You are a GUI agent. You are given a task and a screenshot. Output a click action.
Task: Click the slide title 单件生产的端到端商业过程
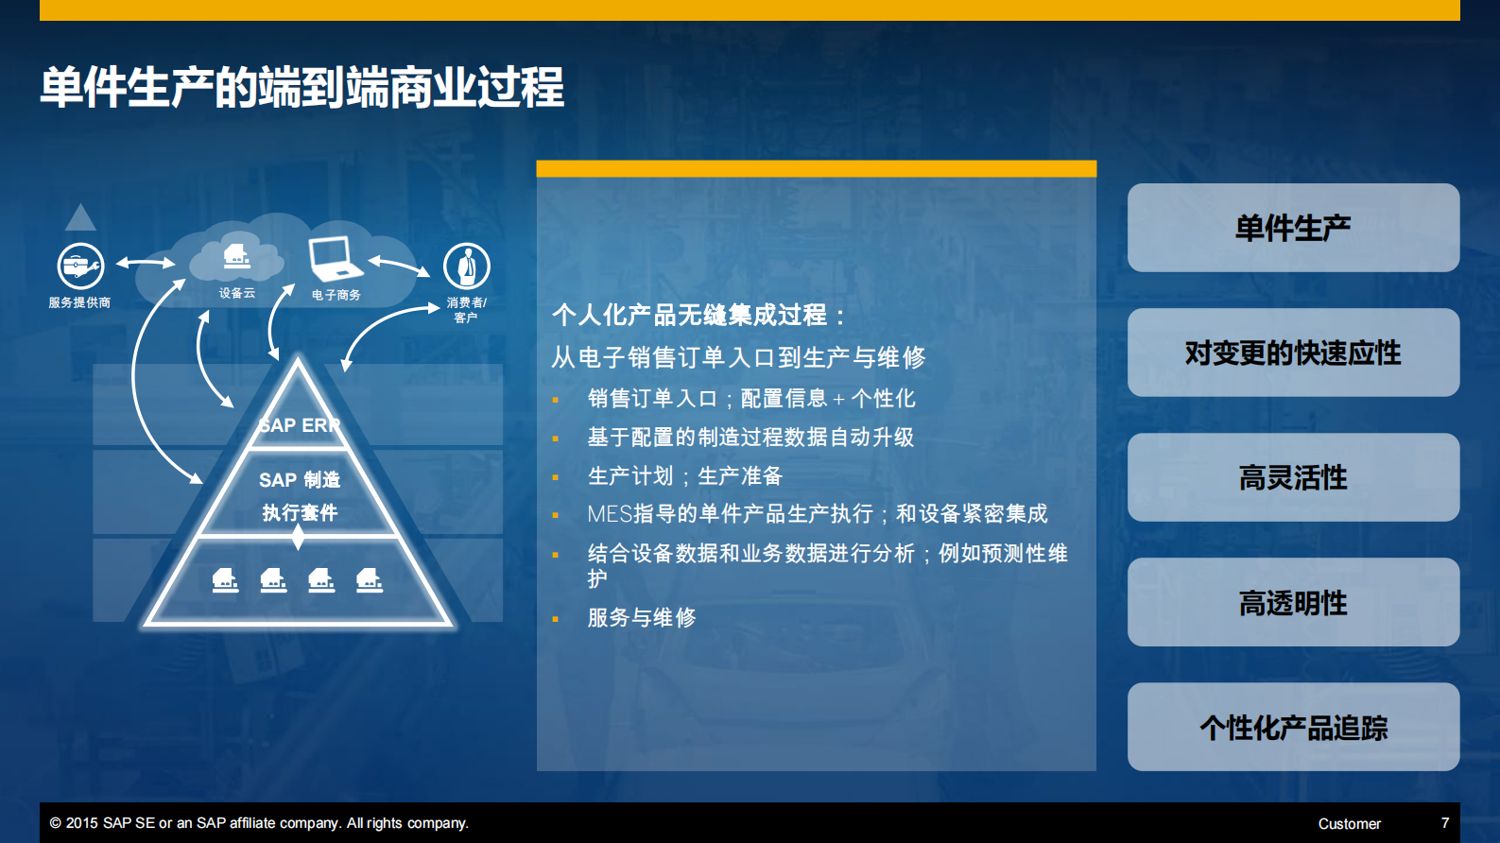302,88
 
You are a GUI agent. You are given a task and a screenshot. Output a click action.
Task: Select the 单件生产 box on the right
1292,228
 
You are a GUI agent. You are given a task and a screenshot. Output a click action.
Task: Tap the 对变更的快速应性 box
1292,353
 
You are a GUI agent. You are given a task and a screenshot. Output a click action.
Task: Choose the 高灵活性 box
1292,477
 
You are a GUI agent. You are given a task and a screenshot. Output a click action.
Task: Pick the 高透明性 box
1292,603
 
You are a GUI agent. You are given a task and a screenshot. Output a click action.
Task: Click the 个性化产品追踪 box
1292,728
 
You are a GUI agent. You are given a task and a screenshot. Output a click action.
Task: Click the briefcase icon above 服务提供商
80,267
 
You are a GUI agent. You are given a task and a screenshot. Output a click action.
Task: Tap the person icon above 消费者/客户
466,267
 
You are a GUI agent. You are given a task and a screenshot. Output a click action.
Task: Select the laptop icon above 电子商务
334,257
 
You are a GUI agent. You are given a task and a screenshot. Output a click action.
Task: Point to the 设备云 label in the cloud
236,293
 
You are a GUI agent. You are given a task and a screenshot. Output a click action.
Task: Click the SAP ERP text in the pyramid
299,425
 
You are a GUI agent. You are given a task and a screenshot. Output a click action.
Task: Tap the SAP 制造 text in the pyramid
299,480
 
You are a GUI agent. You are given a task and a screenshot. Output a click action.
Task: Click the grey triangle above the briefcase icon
80,218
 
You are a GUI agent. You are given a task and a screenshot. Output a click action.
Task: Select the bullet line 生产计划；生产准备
684,476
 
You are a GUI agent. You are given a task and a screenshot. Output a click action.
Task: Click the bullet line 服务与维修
641,618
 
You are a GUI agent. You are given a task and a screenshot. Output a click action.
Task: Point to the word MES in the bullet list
609,514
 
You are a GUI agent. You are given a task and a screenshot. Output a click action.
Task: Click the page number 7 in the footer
1444,823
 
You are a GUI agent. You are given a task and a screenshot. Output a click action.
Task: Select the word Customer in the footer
1349,824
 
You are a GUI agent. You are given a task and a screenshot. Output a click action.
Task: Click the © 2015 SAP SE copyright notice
259,823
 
